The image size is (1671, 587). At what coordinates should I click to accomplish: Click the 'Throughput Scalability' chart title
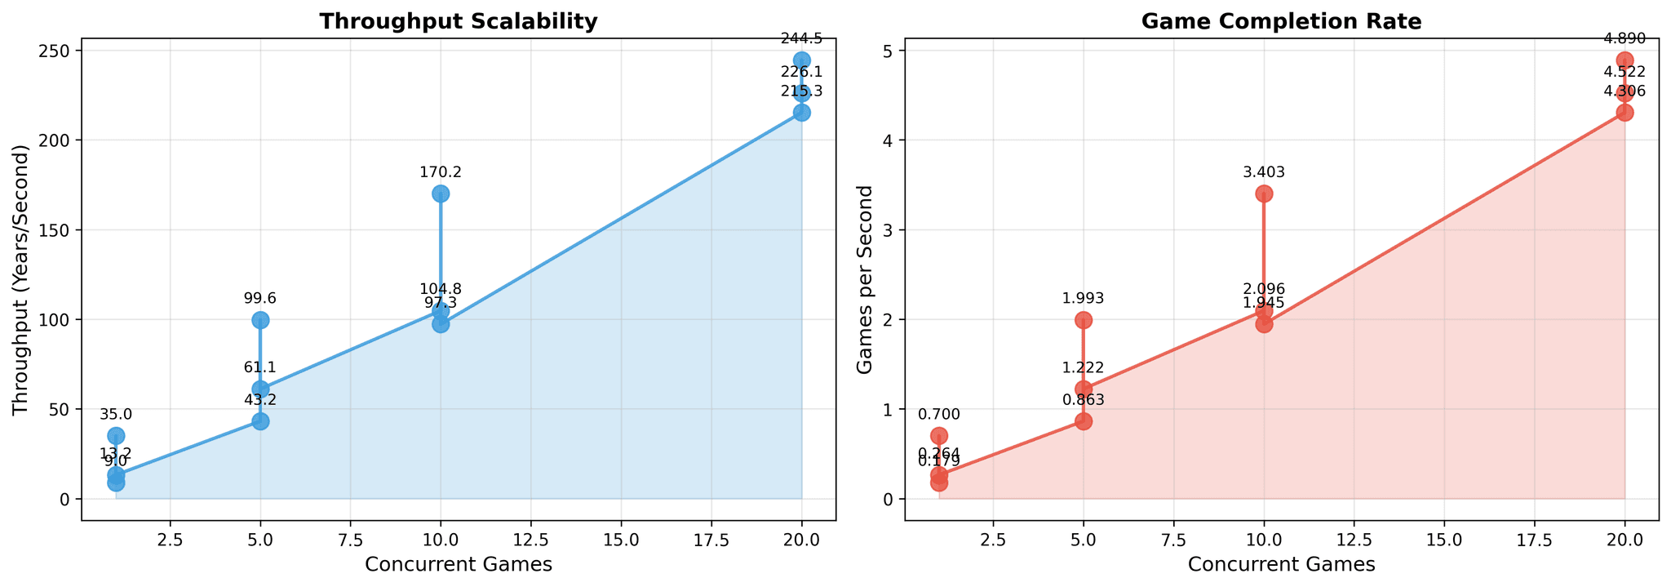(x=458, y=22)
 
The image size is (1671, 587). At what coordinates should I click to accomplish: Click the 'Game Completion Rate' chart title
(x=1281, y=22)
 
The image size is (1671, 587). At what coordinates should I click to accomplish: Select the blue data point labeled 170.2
(x=441, y=193)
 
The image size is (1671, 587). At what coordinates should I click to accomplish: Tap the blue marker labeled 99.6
(x=260, y=320)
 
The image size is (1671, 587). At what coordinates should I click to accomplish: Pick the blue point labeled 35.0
(x=116, y=436)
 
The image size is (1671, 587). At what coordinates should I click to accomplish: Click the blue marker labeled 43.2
(x=260, y=421)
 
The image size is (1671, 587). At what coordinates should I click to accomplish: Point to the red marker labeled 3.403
(x=1264, y=193)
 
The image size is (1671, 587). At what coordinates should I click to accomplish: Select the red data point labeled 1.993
(x=1084, y=320)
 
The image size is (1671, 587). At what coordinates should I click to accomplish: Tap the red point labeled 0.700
(x=939, y=436)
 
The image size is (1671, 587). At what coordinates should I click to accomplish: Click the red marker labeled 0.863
(x=1084, y=421)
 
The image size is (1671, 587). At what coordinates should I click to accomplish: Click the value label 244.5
(x=801, y=38)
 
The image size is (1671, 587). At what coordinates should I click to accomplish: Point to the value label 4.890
(x=1624, y=38)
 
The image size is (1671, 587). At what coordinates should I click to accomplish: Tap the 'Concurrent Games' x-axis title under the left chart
(x=458, y=565)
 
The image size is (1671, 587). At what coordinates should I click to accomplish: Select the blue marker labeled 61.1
(x=260, y=389)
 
